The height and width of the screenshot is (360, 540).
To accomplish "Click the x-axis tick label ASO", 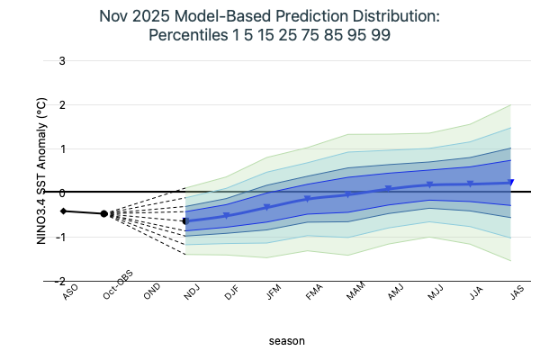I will point(67,292).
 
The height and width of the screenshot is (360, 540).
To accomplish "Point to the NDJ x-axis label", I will point(191,292).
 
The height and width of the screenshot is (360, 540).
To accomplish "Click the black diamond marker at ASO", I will point(64,211).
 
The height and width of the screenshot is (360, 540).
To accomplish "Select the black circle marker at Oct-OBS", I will point(104,213).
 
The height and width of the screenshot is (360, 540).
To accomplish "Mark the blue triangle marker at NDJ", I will point(186,221).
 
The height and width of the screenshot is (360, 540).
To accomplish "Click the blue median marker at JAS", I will point(511,183).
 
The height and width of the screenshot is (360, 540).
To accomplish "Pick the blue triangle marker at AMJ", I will point(389,189).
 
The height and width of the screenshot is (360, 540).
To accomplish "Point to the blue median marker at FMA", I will point(308,199).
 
